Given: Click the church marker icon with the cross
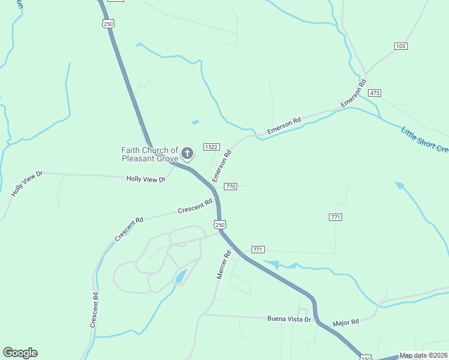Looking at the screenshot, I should point(187,154).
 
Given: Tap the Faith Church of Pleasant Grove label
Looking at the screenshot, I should point(150,154).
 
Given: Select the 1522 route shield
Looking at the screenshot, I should point(211,147).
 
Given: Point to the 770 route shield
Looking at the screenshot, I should point(231,187).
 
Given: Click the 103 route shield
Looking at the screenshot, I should point(401,46).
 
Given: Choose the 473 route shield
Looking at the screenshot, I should point(375,93).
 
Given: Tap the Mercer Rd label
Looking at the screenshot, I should point(223,265).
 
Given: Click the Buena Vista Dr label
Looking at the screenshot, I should point(289,319).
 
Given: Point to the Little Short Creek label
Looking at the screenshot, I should point(424,139).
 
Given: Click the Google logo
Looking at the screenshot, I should point(20,353).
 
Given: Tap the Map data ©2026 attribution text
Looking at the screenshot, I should point(424,355).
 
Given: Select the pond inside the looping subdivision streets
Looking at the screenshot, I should point(181,277).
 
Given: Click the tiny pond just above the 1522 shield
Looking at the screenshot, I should point(195,122).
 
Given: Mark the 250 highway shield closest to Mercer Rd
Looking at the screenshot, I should point(220,224).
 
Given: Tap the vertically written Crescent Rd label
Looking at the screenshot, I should point(94,310).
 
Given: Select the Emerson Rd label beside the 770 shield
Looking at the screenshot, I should point(221,167).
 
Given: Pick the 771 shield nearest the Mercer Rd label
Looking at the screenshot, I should point(258,249).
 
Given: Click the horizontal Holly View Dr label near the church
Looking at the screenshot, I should point(145,179).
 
